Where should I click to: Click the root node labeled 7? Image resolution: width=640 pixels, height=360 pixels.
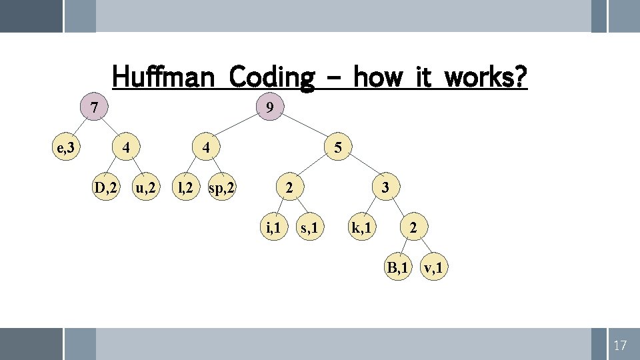pyautogui.click(x=95, y=107)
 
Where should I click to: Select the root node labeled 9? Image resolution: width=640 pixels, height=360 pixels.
pyautogui.click(x=268, y=107)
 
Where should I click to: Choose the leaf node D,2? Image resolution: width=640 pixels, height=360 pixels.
pyautogui.click(x=105, y=189)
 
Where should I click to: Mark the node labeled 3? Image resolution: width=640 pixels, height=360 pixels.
pyautogui.click(x=385, y=189)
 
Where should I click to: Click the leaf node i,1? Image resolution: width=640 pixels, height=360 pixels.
pyautogui.click(x=272, y=229)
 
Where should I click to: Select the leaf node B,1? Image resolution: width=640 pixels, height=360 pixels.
pyautogui.click(x=397, y=269)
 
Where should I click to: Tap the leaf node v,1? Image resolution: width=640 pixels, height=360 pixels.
pyautogui.click(x=435, y=269)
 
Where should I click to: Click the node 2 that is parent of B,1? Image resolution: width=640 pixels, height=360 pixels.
pyautogui.click(x=414, y=229)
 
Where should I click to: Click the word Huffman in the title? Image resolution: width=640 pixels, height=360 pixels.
pyautogui.click(x=163, y=77)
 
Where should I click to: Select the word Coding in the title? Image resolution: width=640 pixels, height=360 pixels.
pyautogui.click(x=271, y=77)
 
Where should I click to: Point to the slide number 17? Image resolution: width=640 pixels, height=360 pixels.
pyautogui.click(x=620, y=345)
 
